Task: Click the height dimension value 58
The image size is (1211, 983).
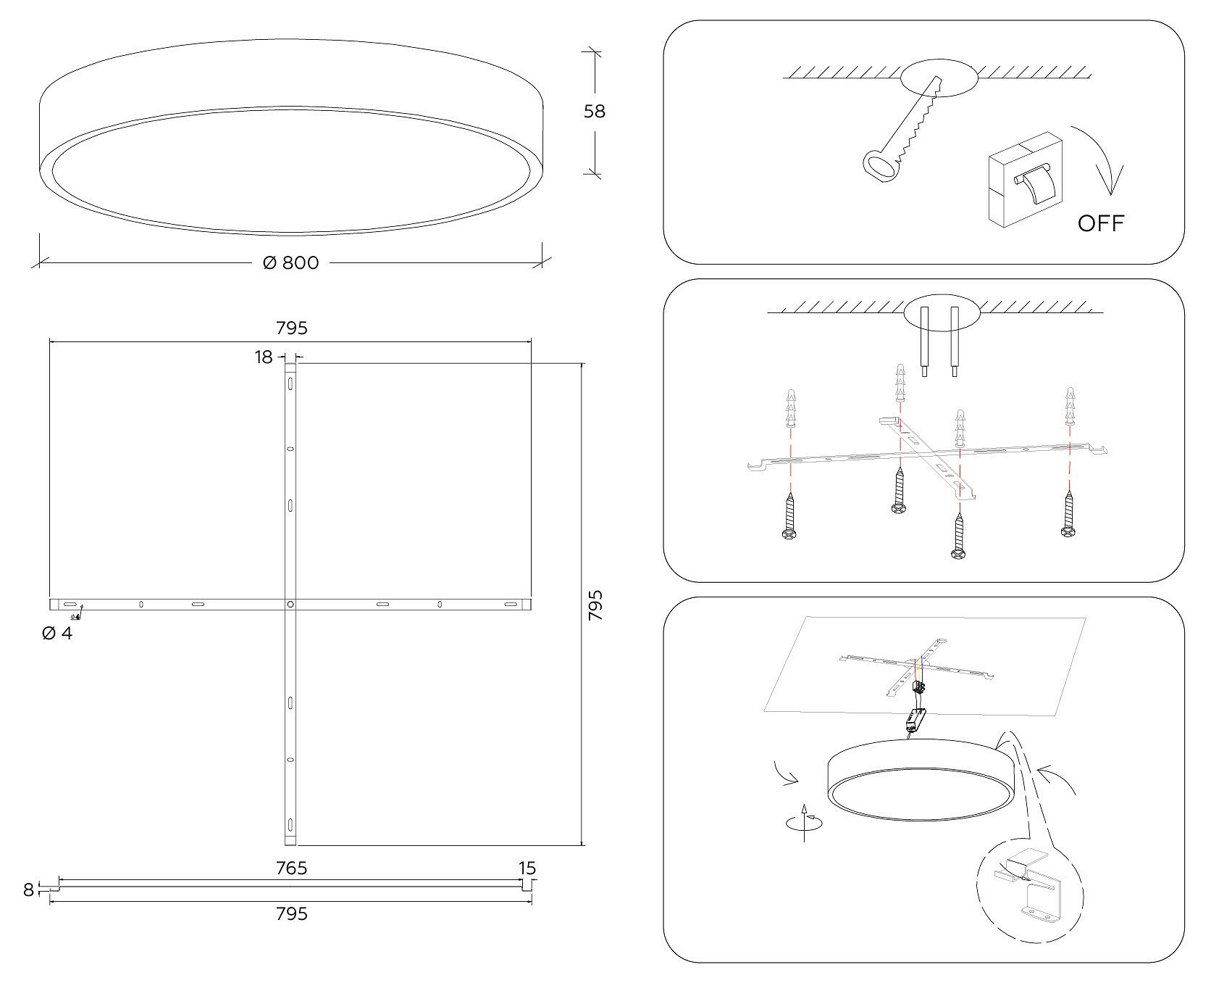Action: tap(594, 112)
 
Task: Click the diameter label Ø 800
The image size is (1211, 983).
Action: tap(290, 263)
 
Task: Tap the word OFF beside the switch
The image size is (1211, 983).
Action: tap(1101, 223)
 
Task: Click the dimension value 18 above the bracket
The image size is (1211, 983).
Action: tap(264, 357)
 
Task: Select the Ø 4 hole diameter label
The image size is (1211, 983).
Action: tap(57, 634)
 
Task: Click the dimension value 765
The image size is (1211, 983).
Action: tap(291, 868)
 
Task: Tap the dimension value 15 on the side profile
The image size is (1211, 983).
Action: tap(527, 868)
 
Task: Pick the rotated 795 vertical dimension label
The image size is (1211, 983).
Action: tap(595, 605)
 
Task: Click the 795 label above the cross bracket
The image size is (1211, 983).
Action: tap(291, 328)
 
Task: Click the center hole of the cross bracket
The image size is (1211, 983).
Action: tap(290, 604)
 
